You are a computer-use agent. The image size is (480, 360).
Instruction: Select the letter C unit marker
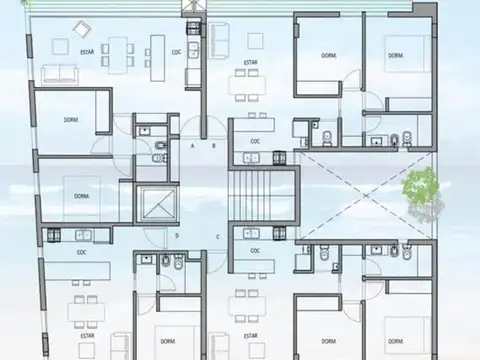[219, 236]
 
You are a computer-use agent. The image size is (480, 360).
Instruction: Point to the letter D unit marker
[176, 236]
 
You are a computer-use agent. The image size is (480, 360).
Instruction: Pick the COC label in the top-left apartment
[176, 51]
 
